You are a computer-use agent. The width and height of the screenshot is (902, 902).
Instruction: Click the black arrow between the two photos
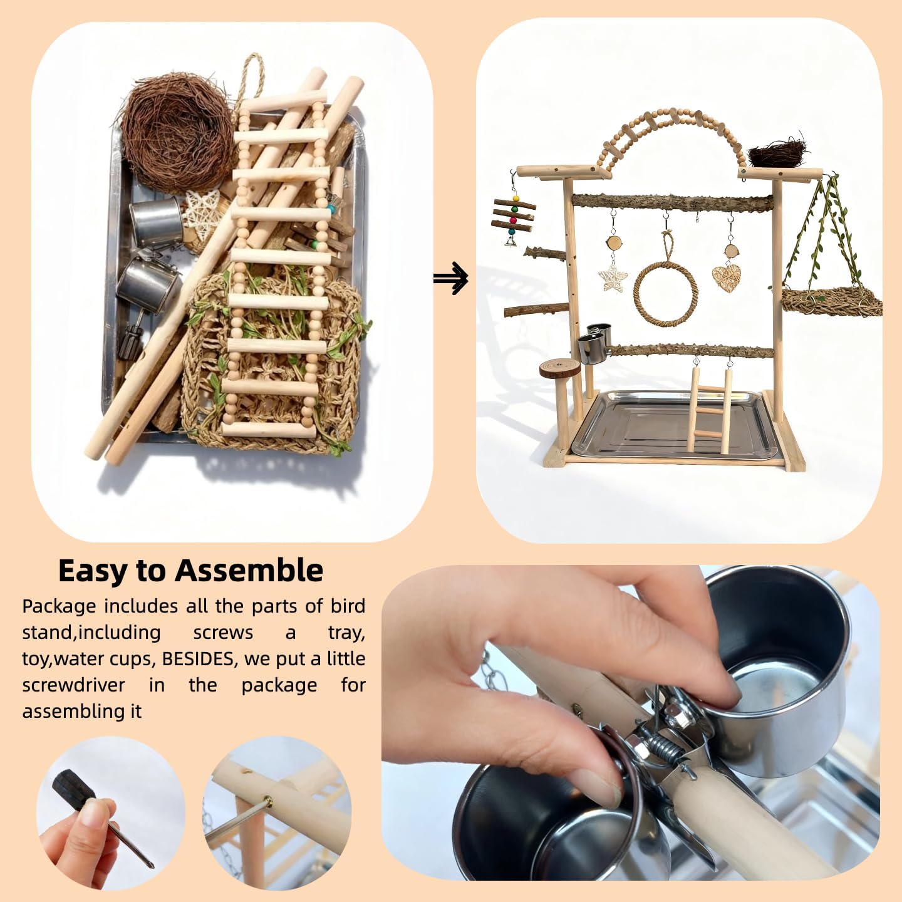click(451, 278)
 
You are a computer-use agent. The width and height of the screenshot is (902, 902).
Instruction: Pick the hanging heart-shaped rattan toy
click(727, 277)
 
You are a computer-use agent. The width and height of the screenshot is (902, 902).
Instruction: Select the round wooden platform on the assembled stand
click(559, 368)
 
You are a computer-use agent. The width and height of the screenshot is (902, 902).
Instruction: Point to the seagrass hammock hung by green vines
click(830, 301)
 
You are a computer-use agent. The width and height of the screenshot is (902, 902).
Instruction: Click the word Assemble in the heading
click(249, 571)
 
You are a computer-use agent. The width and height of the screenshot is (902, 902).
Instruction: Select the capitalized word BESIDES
click(199, 659)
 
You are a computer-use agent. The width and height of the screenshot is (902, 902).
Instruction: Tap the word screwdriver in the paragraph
click(73, 685)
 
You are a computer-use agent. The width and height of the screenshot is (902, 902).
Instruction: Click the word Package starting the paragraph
click(59, 606)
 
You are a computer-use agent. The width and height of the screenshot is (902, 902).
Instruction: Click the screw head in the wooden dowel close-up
click(268, 801)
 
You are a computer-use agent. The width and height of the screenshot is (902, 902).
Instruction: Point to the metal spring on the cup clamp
click(662, 747)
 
